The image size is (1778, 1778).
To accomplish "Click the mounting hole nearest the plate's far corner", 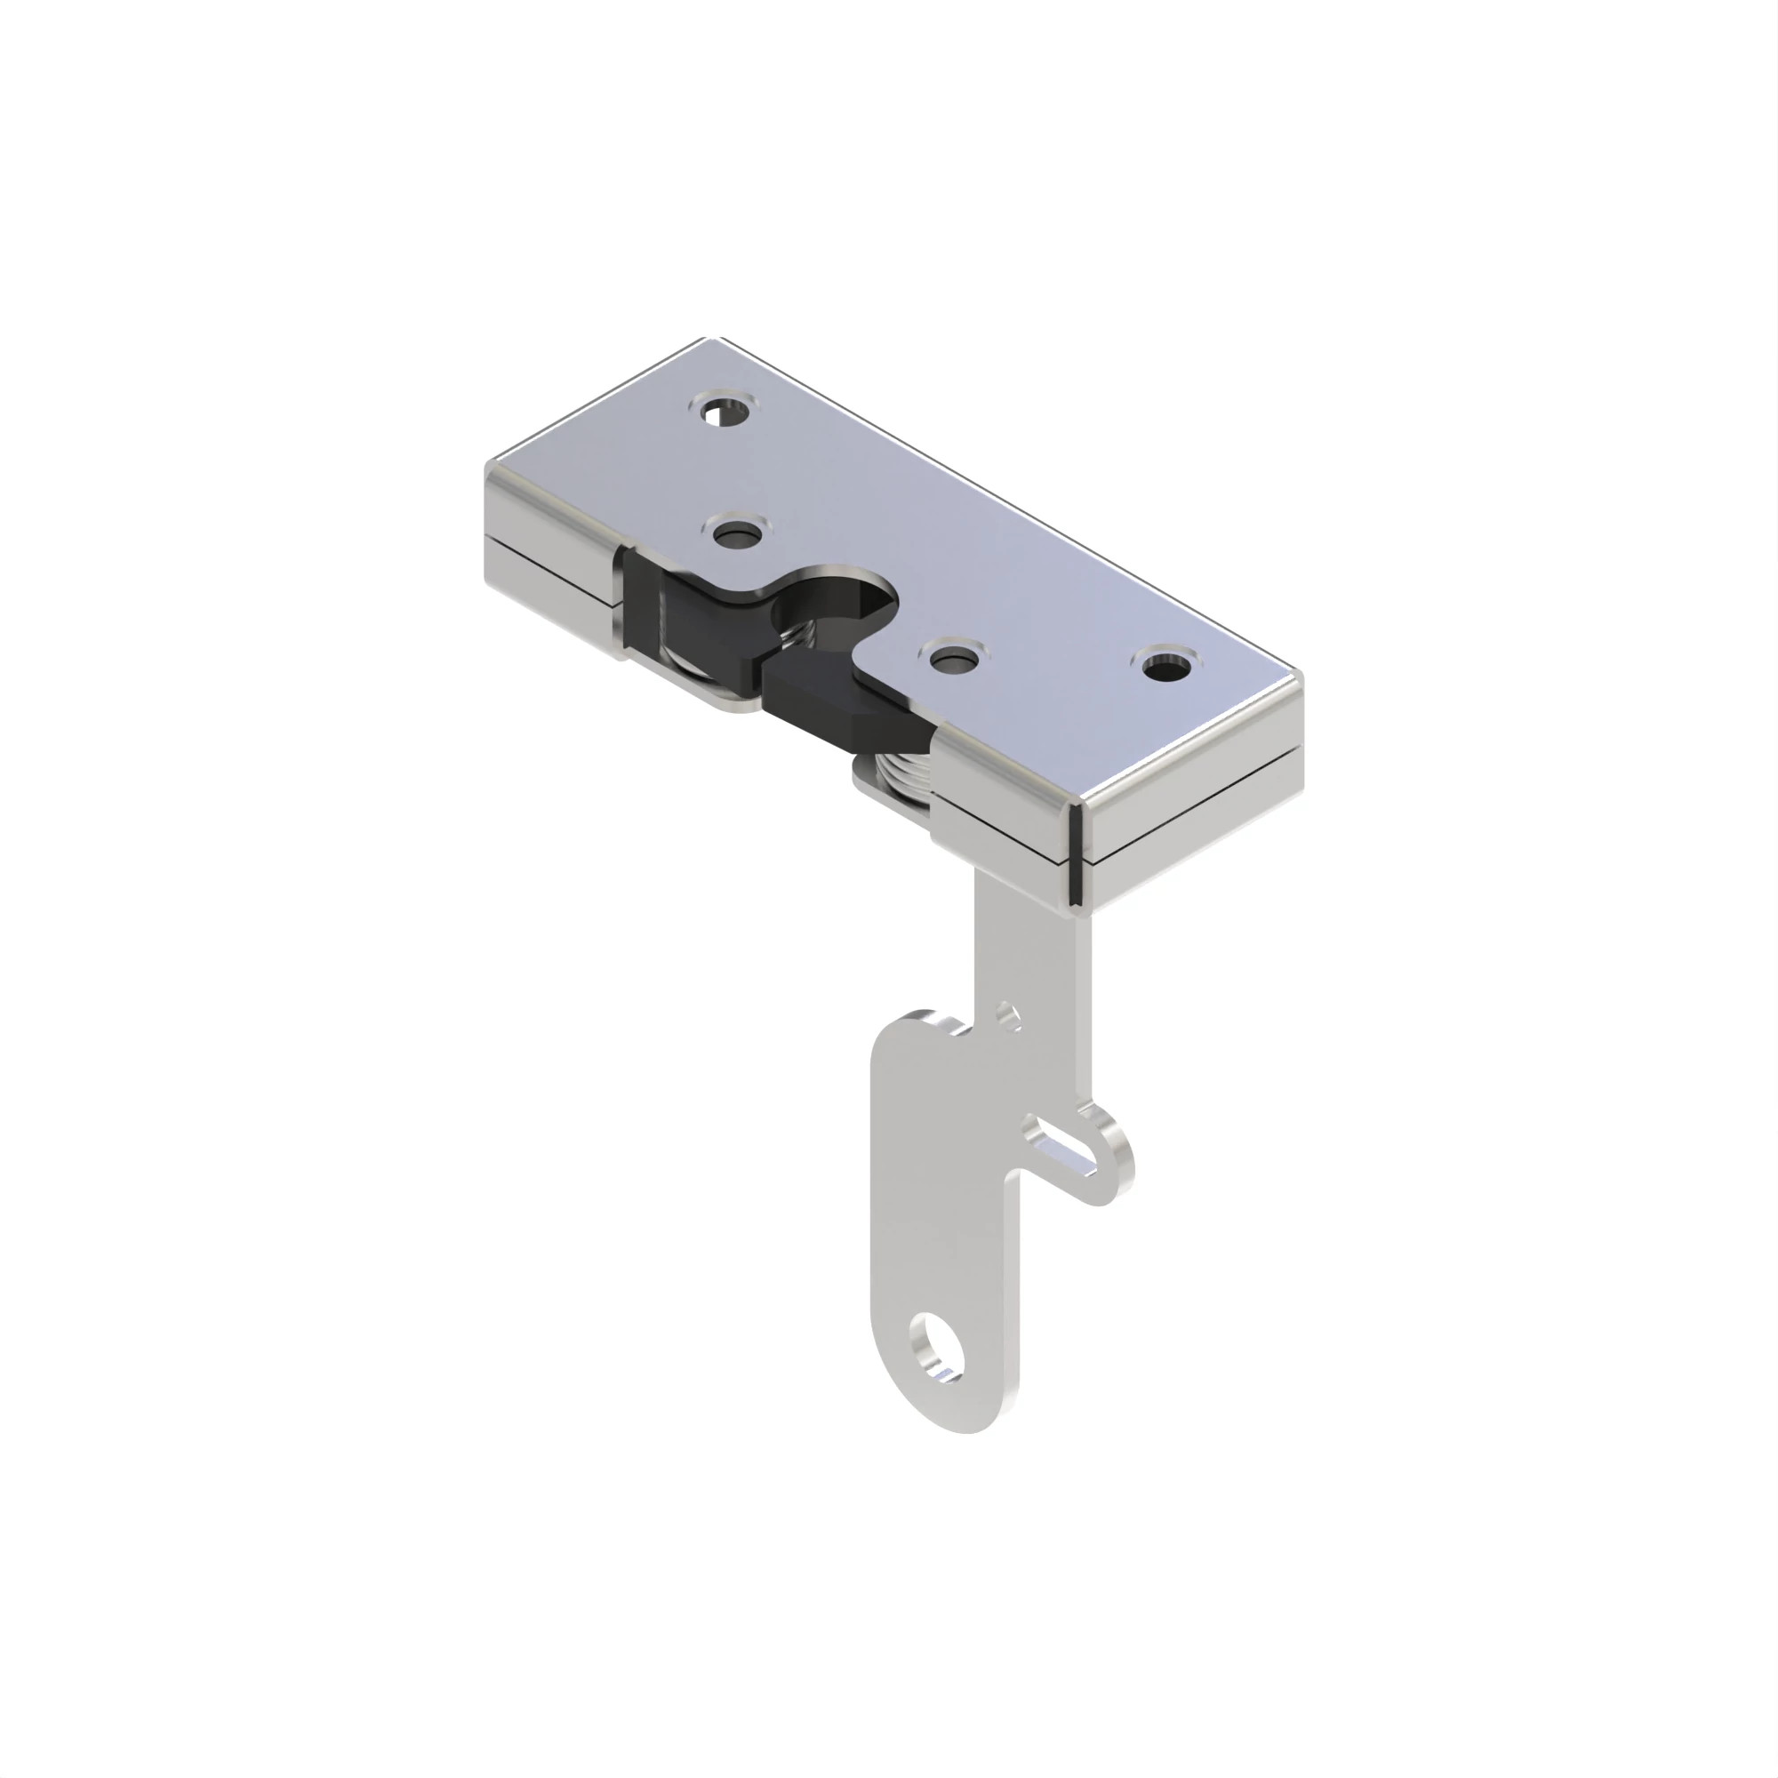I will [x=726, y=411].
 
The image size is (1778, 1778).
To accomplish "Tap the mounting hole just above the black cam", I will [x=737, y=533].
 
